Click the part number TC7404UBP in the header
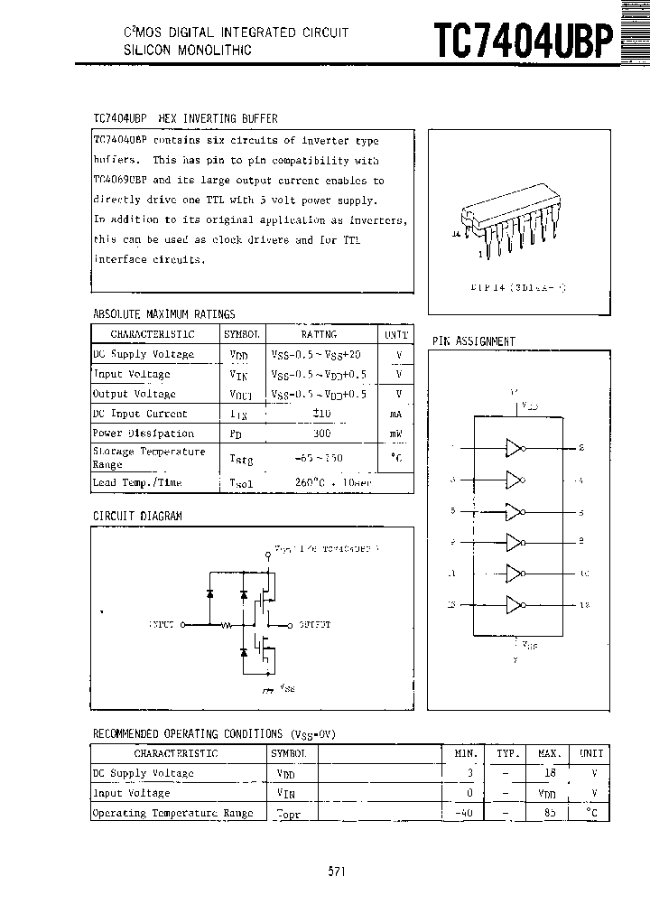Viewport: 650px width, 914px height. [523, 41]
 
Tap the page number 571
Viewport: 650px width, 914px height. [336, 872]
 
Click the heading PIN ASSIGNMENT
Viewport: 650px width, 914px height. [473, 341]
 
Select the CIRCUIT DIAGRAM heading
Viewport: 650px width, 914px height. [137, 516]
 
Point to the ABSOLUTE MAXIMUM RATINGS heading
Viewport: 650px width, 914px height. [163, 314]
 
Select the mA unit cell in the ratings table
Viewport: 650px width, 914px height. [395, 414]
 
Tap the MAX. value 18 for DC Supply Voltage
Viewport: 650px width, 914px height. [550, 773]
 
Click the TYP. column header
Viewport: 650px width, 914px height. [508, 752]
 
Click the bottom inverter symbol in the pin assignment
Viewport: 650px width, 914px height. [515, 604]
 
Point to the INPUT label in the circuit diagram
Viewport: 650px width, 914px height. [162, 624]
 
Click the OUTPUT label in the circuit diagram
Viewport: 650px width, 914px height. [314, 624]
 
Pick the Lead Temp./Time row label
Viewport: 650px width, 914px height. [137, 482]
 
